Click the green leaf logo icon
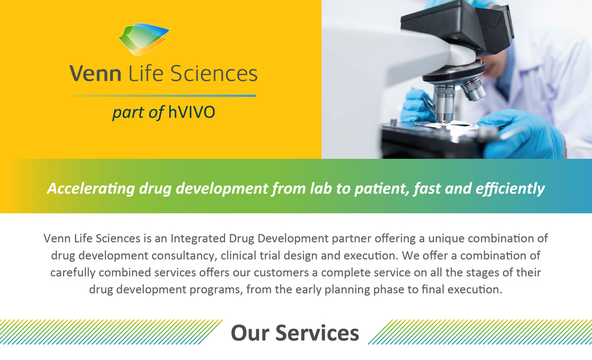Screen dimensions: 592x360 pos(143,39)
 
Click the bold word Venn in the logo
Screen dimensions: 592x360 pos(95,73)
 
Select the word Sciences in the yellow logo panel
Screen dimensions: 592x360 pos(214,73)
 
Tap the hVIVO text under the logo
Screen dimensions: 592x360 pos(192,112)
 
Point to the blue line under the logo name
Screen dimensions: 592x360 pos(164,96)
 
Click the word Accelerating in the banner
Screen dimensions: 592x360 pos(91,188)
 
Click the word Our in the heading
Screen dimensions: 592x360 pos(250,333)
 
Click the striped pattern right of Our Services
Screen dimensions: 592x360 pos(480,332)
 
